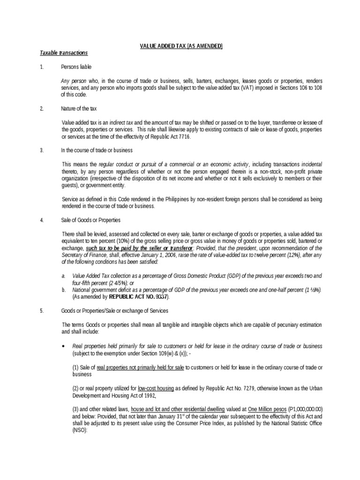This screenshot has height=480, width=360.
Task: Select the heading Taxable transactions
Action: click(x=64, y=52)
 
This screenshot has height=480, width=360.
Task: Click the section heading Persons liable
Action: click(x=76, y=67)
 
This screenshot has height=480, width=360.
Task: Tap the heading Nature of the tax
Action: click(x=79, y=108)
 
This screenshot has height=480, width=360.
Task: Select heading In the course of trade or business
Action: click(x=97, y=150)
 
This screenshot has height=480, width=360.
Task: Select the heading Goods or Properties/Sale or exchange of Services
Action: click(x=114, y=311)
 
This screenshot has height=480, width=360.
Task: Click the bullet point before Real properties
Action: click(x=63, y=346)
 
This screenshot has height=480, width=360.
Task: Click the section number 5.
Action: click(x=42, y=311)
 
